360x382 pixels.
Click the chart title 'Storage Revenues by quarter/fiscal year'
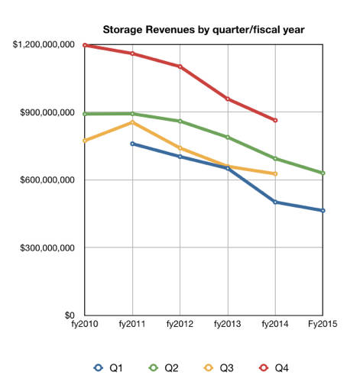[x=203, y=30]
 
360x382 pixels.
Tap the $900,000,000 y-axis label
[x=47, y=112]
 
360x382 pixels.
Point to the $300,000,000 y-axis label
[x=47, y=248]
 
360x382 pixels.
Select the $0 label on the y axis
[x=70, y=316]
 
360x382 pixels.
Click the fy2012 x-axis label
[x=180, y=324]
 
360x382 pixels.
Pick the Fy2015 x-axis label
[x=323, y=324]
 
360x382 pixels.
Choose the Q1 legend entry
[x=109, y=368]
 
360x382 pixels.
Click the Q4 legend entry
[x=274, y=368]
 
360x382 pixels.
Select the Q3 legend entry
[x=219, y=368]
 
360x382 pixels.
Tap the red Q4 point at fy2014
[x=275, y=120]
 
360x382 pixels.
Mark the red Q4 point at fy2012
[x=180, y=66]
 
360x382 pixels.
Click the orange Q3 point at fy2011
[x=132, y=122]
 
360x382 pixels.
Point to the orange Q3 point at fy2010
[x=85, y=141]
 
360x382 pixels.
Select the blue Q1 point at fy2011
[x=132, y=144]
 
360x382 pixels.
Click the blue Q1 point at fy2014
[x=275, y=202]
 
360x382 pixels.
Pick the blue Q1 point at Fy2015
[x=323, y=211]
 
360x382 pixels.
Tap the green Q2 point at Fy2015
[x=323, y=173]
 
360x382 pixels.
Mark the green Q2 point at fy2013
[x=228, y=138]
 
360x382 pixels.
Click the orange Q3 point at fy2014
[x=275, y=174]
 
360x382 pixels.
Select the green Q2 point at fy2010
[x=85, y=114]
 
